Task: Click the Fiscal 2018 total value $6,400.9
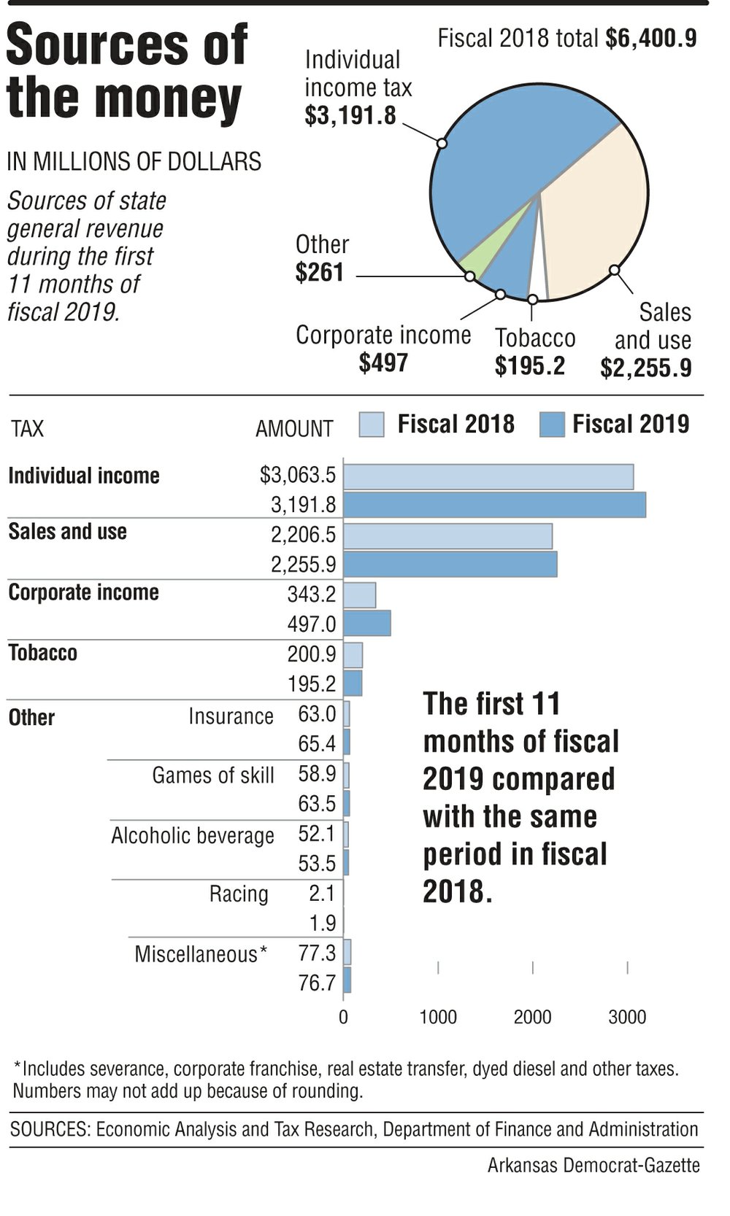(650, 38)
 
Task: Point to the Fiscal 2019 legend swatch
(552, 425)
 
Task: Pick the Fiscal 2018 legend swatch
(372, 425)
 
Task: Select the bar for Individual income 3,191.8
(494, 505)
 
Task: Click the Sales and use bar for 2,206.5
(447, 535)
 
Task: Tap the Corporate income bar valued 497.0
(366, 624)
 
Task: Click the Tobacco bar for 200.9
(353, 655)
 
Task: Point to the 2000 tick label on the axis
(532, 1017)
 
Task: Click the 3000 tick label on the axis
(627, 1017)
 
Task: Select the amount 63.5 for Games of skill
(317, 804)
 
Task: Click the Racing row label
(239, 894)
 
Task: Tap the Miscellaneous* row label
(201, 953)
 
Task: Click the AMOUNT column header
(293, 428)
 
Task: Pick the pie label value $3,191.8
(350, 115)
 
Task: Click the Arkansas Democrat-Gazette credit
(593, 1166)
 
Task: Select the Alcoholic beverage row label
(193, 835)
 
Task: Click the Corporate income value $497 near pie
(383, 363)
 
